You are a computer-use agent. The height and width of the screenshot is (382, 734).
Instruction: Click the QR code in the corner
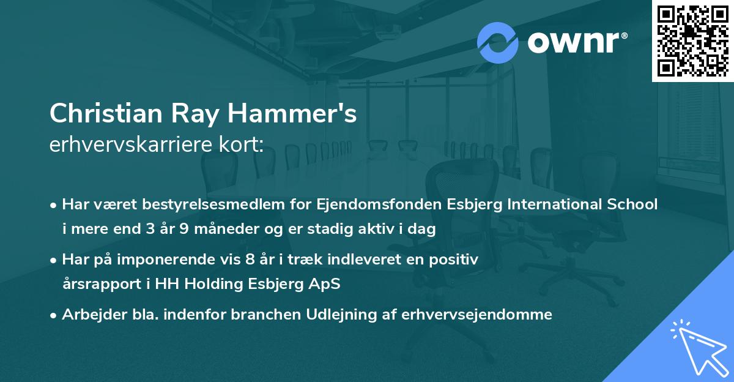(692, 41)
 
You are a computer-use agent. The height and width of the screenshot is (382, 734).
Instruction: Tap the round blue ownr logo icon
(497, 43)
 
